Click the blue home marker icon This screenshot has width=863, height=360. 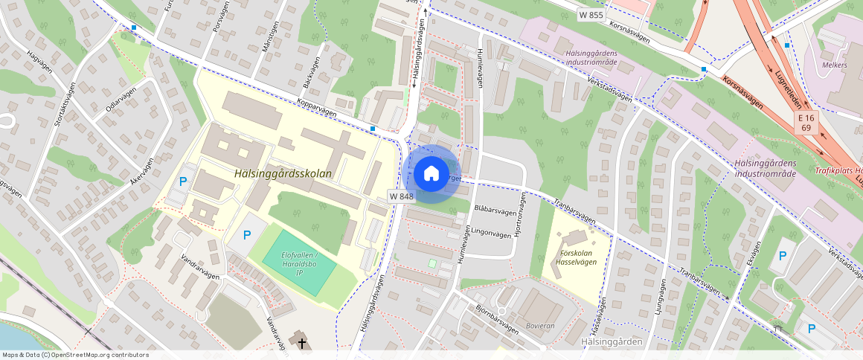tap(431, 174)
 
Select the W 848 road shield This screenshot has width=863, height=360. tap(401, 196)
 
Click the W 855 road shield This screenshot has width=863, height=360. tap(591, 15)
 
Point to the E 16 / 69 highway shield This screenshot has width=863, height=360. tap(806, 123)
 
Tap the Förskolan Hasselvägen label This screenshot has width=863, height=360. tap(578, 257)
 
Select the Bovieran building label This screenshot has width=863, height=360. tap(540, 325)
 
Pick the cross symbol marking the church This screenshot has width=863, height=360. tap(302, 343)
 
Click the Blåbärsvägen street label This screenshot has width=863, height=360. tap(495, 210)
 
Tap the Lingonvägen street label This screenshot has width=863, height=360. tap(493, 234)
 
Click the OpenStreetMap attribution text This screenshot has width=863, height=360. tap(74, 355)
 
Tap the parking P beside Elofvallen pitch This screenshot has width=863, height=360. tap(247, 235)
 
